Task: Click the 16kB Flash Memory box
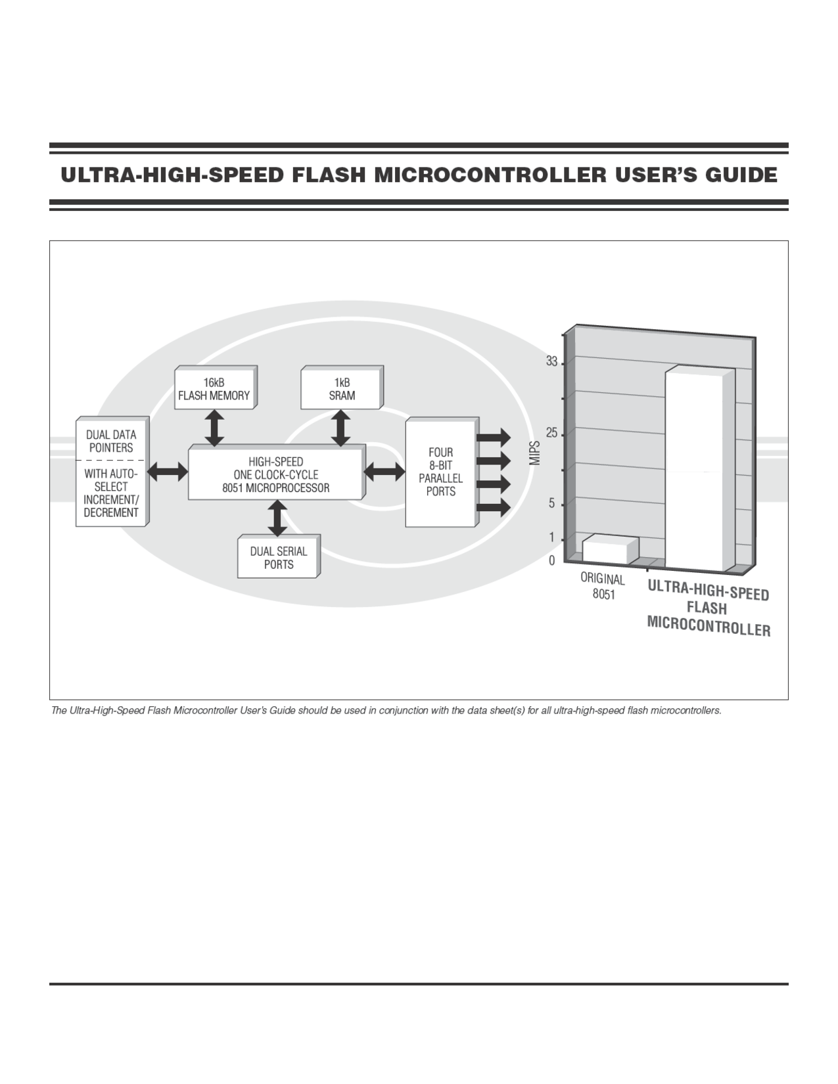point(214,389)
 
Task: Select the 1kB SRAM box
point(341,389)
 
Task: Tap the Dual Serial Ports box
point(278,558)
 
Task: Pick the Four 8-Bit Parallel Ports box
point(440,472)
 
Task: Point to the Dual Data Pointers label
point(111,441)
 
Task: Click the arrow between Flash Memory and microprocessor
point(214,428)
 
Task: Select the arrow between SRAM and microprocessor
point(340,428)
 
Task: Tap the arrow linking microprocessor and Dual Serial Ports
point(278,518)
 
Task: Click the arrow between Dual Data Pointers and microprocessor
point(168,471)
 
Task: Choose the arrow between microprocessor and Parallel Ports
point(384,470)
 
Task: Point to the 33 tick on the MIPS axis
point(551,362)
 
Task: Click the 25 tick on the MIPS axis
point(551,434)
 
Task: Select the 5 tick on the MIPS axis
point(552,504)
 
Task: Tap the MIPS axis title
point(535,453)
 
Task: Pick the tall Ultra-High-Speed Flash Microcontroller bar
point(694,470)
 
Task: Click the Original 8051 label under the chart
point(603,587)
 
